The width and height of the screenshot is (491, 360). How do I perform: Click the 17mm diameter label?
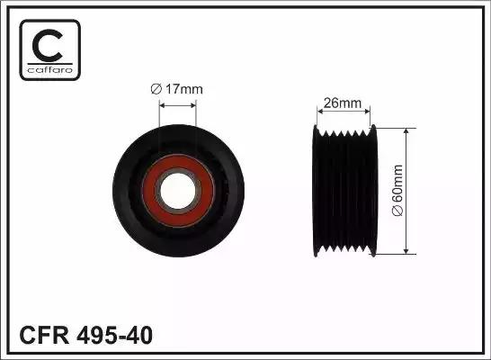click(177, 88)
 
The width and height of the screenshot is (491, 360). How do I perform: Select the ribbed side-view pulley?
click(346, 190)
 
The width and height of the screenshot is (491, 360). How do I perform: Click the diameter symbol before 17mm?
click(154, 88)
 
